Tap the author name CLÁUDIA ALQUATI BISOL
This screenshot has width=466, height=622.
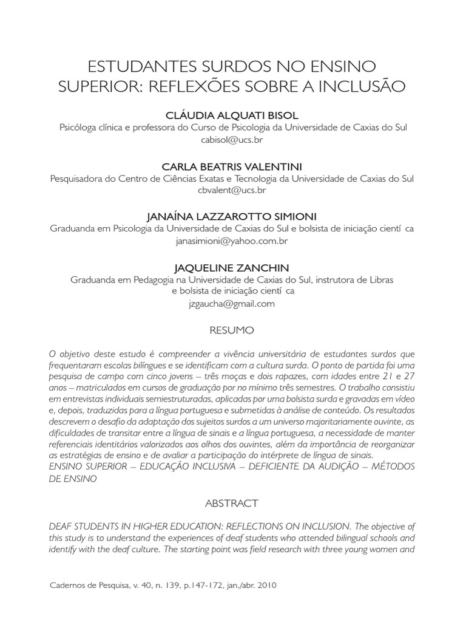tap(232, 115)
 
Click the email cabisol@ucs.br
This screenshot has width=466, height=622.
tap(232, 139)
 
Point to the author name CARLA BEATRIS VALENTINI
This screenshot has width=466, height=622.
tap(232, 166)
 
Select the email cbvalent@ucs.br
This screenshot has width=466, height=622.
tap(232, 190)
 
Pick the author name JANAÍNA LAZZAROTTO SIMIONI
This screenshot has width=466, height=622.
tap(232, 217)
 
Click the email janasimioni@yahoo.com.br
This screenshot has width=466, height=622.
tap(232, 241)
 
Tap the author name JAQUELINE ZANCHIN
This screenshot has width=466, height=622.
tap(232, 268)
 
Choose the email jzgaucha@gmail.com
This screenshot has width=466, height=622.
tap(232, 304)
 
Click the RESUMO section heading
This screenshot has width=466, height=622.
tap(232, 330)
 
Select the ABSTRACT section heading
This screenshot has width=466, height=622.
tap(232, 504)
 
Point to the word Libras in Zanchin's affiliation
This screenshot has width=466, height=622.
tap(380, 280)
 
